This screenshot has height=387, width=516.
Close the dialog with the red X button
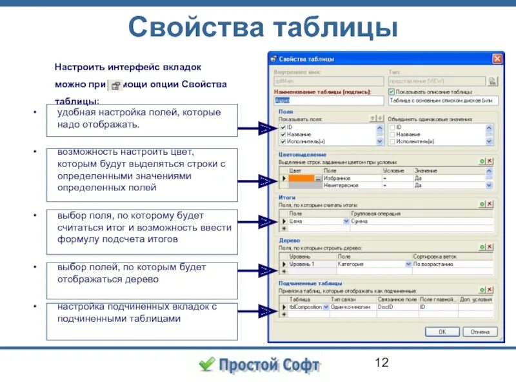point(497,59)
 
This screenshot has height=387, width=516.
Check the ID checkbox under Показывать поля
point(283,128)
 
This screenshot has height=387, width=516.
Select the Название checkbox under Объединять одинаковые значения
point(392,134)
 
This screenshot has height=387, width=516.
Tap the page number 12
point(381,362)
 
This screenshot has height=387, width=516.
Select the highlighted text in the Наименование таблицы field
point(283,101)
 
